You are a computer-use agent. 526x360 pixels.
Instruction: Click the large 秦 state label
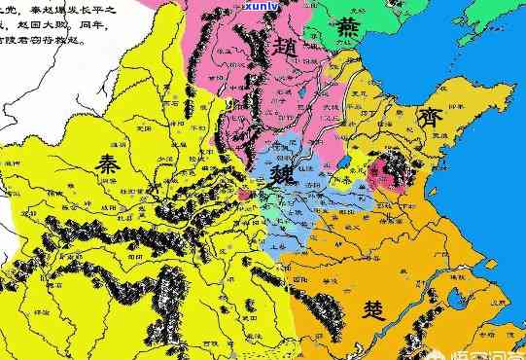point(109,164)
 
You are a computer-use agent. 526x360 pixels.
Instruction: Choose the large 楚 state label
point(374,310)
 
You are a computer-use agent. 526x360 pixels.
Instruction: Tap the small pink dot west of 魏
point(244,195)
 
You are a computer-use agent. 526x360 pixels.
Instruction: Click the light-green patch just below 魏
point(281,208)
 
